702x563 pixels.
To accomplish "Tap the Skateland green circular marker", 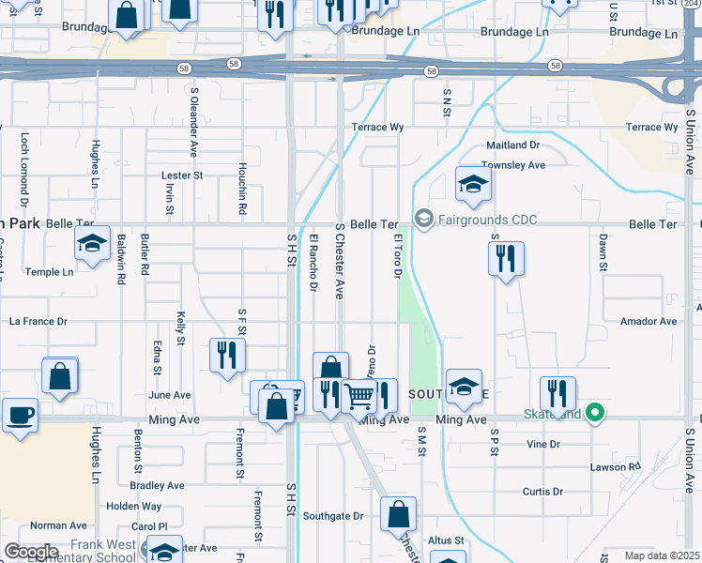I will point(593,413).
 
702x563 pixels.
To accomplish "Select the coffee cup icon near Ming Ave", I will point(21,415).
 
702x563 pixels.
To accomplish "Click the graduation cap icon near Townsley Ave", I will point(473,184).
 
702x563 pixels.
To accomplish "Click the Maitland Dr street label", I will point(512,145).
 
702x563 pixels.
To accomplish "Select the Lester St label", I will point(182,175).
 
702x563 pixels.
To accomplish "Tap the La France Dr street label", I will point(38,321).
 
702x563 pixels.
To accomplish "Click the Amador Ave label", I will point(649,321).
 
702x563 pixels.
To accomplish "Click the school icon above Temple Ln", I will point(92,244).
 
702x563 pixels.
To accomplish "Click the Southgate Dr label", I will point(332,516).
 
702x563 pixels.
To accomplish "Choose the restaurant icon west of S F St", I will point(226,355).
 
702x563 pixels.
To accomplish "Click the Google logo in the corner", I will point(32,552).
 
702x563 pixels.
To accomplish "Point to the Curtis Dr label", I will point(542,491).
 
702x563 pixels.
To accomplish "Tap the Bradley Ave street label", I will point(157,485).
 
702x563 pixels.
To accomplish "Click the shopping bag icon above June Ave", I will point(59,375).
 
